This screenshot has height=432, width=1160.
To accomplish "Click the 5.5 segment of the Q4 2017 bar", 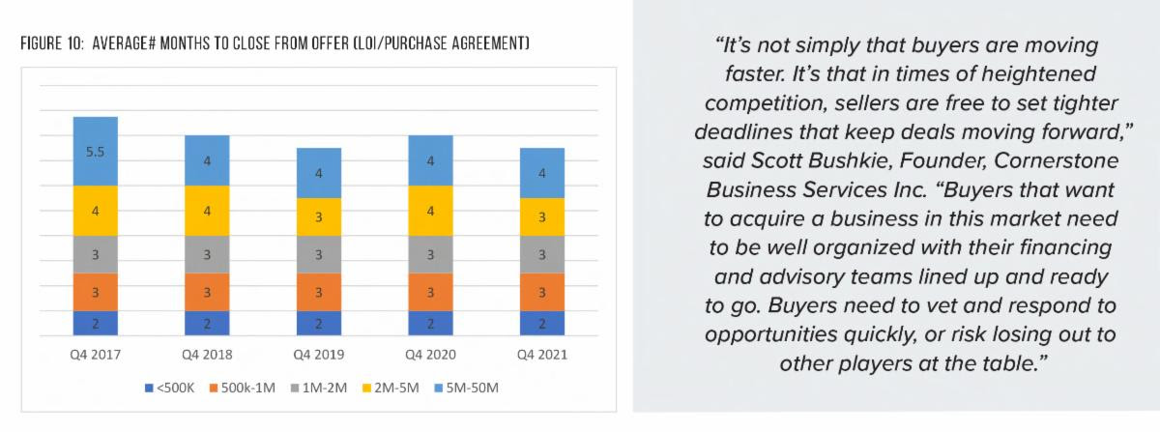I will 95,152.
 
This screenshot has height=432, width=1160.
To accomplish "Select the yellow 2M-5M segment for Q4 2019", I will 318,217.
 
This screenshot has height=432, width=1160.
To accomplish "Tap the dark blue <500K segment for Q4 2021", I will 541,323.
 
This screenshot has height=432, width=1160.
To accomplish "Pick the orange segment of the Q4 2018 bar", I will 207,292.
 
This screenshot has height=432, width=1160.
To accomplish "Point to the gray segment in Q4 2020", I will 430,255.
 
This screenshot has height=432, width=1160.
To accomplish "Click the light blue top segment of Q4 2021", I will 541,173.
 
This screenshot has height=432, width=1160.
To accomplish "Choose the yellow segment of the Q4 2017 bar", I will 95,211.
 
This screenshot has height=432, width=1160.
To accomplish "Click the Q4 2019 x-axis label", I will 318,355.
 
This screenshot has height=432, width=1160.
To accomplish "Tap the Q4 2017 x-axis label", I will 95,355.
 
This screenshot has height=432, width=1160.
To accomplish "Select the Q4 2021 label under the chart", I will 541,355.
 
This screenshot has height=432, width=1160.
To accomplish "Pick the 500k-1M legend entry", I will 242,388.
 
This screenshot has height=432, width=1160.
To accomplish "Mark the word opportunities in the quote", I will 791,334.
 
